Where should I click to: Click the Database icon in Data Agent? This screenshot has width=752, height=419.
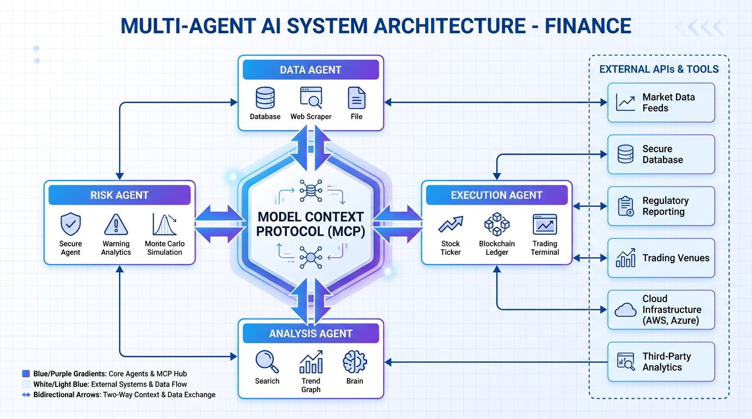pyautogui.click(x=265, y=98)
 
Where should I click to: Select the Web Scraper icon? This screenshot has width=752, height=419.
pyautogui.click(x=310, y=98)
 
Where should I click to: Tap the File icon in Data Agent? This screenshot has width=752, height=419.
pyautogui.click(x=356, y=98)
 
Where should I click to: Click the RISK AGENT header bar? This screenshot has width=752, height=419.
pyautogui.click(x=119, y=195)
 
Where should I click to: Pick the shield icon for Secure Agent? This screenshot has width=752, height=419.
pyautogui.click(x=70, y=224)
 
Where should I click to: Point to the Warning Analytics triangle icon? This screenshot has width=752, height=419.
pyautogui.click(x=116, y=224)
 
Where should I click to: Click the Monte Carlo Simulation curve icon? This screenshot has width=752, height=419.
pyautogui.click(x=164, y=224)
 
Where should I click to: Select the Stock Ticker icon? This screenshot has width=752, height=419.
pyautogui.click(x=450, y=224)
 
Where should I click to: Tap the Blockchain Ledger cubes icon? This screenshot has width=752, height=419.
pyautogui.click(x=497, y=224)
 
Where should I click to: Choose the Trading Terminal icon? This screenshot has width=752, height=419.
pyautogui.click(x=544, y=224)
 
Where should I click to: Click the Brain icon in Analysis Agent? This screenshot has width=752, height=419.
pyautogui.click(x=355, y=362)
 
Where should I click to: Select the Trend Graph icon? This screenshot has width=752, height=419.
pyautogui.click(x=311, y=362)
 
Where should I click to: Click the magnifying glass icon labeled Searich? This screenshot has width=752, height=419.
pyautogui.click(x=267, y=362)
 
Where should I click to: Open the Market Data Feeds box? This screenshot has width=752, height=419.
pyautogui.click(x=661, y=103)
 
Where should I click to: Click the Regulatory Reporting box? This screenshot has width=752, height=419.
pyautogui.click(x=661, y=206)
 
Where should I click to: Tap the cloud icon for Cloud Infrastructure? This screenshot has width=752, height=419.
pyautogui.click(x=625, y=310)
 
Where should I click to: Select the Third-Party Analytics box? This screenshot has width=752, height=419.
pyautogui.click(x=661, y=362)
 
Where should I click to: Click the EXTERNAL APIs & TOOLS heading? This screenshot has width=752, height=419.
pyautogui.click(x=659, y=69)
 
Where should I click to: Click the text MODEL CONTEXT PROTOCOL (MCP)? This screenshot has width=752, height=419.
pyautogui.click(x=310, y=224)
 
